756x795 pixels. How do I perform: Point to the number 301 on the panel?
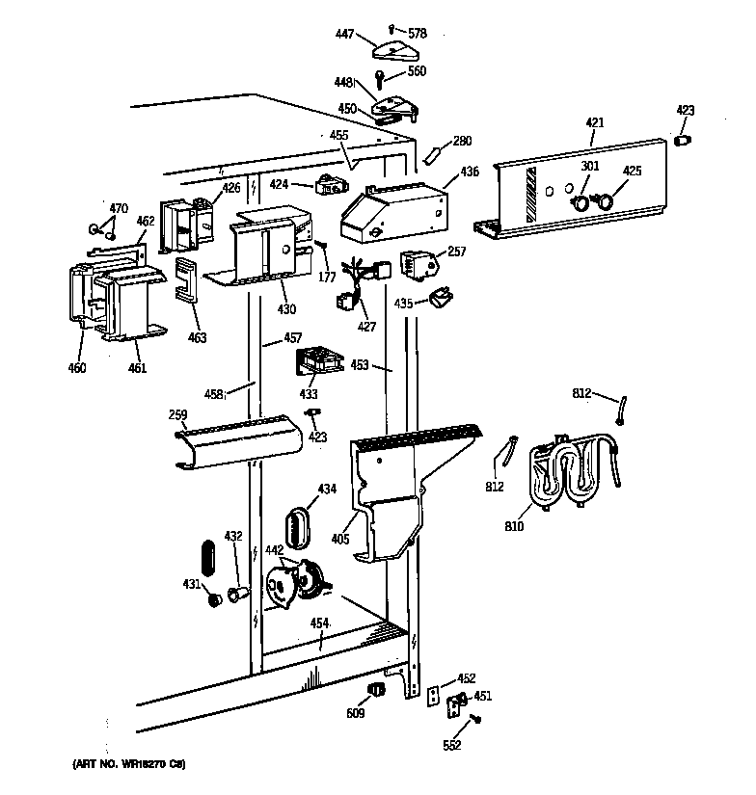tap(590, 167)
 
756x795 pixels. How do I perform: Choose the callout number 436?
tap(469, 172)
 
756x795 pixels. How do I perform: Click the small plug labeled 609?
tap(376, 689)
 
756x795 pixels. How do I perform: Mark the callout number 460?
tap(77, 367)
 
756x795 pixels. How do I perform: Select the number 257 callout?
tap(456, 252)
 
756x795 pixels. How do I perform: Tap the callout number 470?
tap(118, 208)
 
